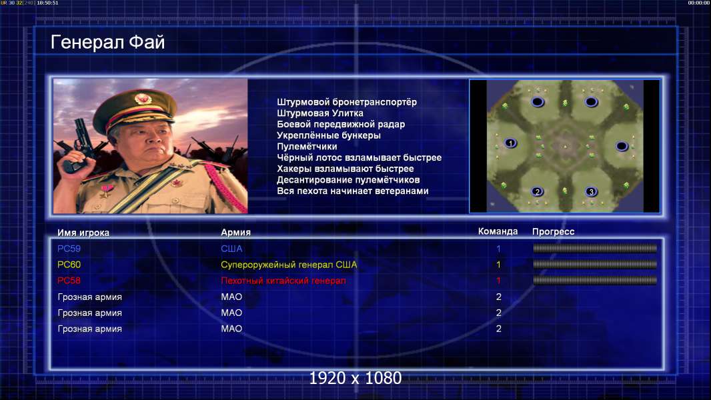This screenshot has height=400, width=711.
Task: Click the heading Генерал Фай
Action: click(107, 42)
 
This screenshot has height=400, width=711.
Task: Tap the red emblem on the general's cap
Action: click(142, 98)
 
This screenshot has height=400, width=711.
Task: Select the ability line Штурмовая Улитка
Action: click(320, 113)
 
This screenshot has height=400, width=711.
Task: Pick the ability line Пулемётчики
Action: click(307, 146)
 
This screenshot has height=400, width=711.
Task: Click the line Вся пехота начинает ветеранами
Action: click(353, 191)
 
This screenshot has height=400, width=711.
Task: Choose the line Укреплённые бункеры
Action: click(329, 135)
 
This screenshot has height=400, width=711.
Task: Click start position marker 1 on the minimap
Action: click(511, 143)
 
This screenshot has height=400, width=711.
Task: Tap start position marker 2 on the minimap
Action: click(538, 191)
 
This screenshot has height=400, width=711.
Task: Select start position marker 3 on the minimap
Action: click(591, 191)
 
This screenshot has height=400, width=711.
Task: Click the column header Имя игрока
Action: click(83, 233)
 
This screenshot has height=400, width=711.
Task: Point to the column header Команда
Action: click(498, 231)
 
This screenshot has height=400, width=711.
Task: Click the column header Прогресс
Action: click(553, 232)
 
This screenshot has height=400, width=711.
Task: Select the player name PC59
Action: click(69, 249)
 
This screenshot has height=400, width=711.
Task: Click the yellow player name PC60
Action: click(69, 265)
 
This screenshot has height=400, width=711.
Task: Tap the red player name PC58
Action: click(69, 281)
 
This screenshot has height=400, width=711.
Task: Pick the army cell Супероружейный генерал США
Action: click(289, 265)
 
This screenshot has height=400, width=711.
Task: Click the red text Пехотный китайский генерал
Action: click(283, 281)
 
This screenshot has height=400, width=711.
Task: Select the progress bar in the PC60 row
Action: click(595, 264)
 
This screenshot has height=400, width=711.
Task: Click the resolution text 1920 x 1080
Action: click(355, 378)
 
